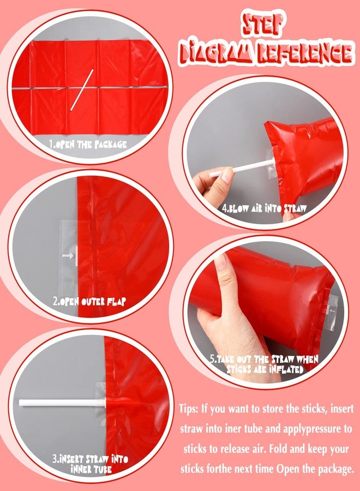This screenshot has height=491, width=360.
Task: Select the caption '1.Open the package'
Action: click(x=87, y=145)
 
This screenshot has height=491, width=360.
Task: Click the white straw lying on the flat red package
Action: click(x=82, y=89)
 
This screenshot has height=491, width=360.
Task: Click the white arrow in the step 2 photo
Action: click(x=69, y=255)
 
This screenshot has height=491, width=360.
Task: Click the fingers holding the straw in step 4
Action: click(x=206, y=183)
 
